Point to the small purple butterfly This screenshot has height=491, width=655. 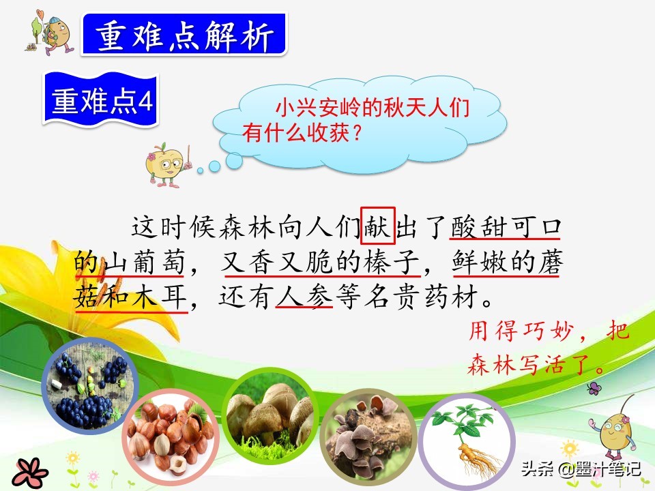pyautogui.click(x=594, y=389)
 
